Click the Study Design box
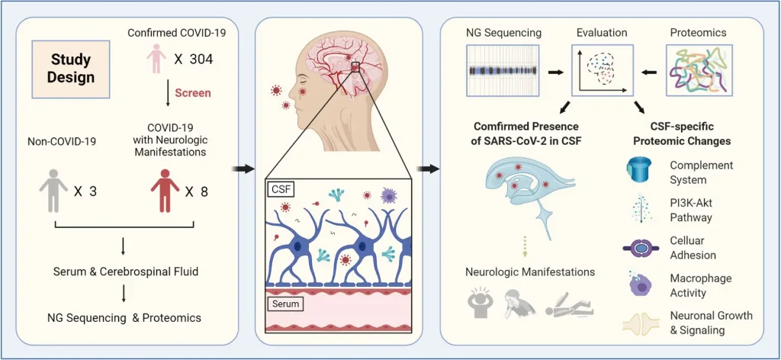tap(72, 69)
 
